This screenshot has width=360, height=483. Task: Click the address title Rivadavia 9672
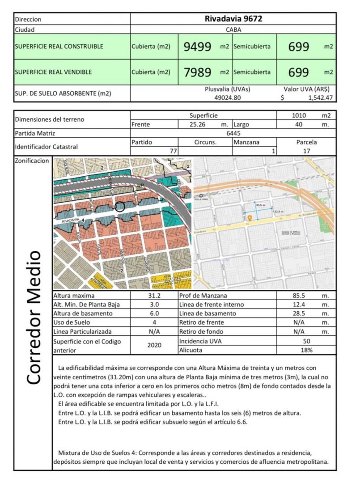(233, 19)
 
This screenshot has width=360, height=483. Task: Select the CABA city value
(233, 30)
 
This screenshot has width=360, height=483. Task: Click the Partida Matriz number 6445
(233, 133)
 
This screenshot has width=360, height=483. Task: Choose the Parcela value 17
(306, 151)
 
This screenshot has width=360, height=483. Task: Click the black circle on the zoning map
(119, 207)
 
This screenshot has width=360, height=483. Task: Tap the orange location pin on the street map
(250, 217)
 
